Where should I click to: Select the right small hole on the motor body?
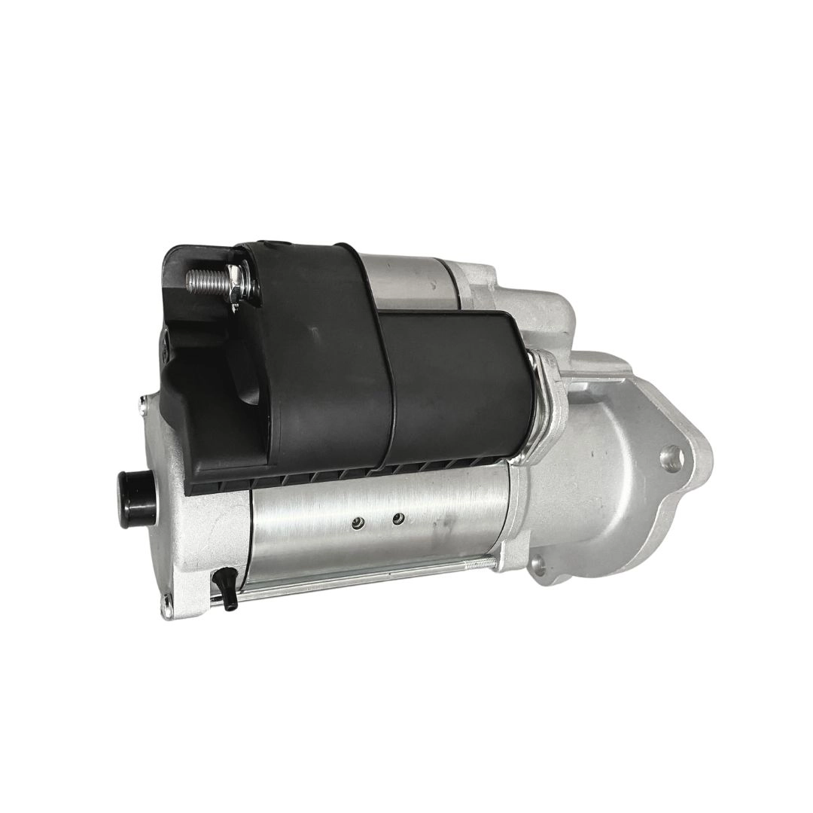pyautogui.click(x=398, y=517)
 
